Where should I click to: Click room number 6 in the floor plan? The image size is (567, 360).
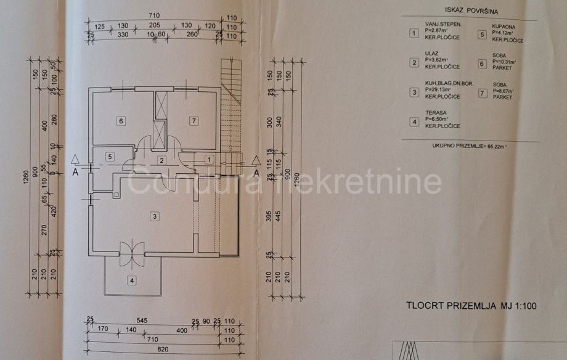tap(121, 121)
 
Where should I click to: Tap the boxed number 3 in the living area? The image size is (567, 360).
tap(155, 216)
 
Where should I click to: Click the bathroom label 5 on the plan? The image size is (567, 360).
tap(110, 157)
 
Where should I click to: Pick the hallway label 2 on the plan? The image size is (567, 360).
tap(161, 161)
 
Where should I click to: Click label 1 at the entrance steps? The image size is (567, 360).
tap(209, 160)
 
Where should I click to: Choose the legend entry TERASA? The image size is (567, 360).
tap(436, 113)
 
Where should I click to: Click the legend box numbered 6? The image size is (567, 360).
tap(482, 63)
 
